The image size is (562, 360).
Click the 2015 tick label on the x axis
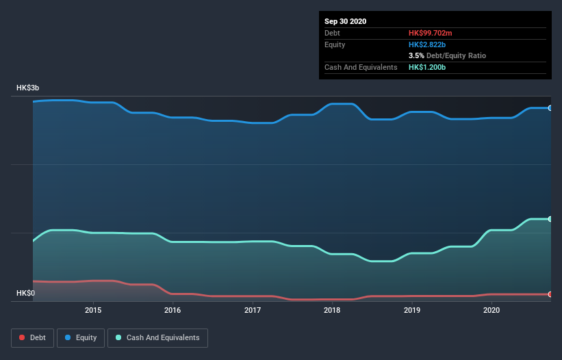pos(93,310)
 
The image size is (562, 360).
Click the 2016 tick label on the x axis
pos(173,310)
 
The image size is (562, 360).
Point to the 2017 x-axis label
pos(253,310)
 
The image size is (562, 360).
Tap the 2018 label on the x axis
pos(332,310)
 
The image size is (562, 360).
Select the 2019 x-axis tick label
pos(412,310)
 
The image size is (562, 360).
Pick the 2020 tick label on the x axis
pos(491,310)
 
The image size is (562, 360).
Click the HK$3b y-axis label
pos(28,88)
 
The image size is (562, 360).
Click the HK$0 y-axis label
pos(27,294)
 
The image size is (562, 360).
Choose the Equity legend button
pos(81,337)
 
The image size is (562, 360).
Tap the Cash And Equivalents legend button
pos(157,337)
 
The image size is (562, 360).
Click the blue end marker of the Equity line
pos(550,108)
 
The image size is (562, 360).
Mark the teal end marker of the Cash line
pos(550,219)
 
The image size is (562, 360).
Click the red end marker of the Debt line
pos(550,294)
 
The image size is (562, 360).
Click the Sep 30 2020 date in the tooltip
pos(346,21)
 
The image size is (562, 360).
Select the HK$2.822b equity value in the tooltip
pos(429,44)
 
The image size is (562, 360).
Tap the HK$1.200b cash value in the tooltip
pos(429,67)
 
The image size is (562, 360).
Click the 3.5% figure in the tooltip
pos(416,55)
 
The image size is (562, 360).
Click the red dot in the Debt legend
pos(22,337)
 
